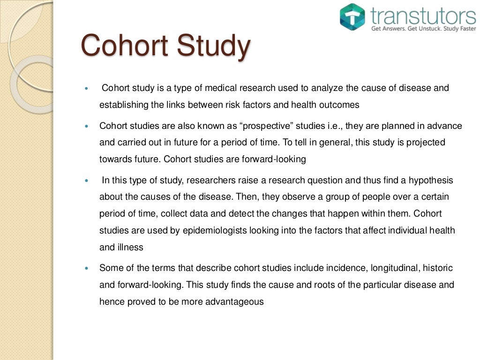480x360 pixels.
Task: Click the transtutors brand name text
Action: click(x=423, y=16)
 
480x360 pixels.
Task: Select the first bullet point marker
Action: click(x=85, y=89)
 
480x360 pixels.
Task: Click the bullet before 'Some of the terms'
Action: click(x=85, y=269)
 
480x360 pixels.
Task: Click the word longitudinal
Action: click(x=395, y=268)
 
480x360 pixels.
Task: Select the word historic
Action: click(x=438, y=268)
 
